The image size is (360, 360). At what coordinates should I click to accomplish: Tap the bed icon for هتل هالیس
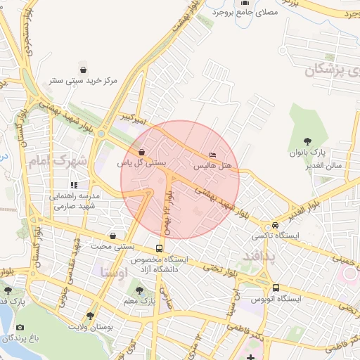(x=213, y=155)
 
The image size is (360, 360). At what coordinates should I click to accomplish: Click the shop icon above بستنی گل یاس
(x=142, y=151)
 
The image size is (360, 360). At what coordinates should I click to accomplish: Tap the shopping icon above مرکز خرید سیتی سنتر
(x=84, y=70)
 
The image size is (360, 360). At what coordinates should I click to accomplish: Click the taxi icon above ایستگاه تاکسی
(x=275, y=225)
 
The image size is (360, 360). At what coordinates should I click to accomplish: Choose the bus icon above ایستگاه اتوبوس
(x=276, y=288)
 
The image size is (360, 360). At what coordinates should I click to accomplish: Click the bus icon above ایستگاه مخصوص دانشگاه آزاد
(x=159, y=248)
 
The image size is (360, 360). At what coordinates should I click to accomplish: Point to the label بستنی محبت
(x=114, y=246)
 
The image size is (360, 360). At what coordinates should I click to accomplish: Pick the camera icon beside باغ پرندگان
(x=20, y=328)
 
